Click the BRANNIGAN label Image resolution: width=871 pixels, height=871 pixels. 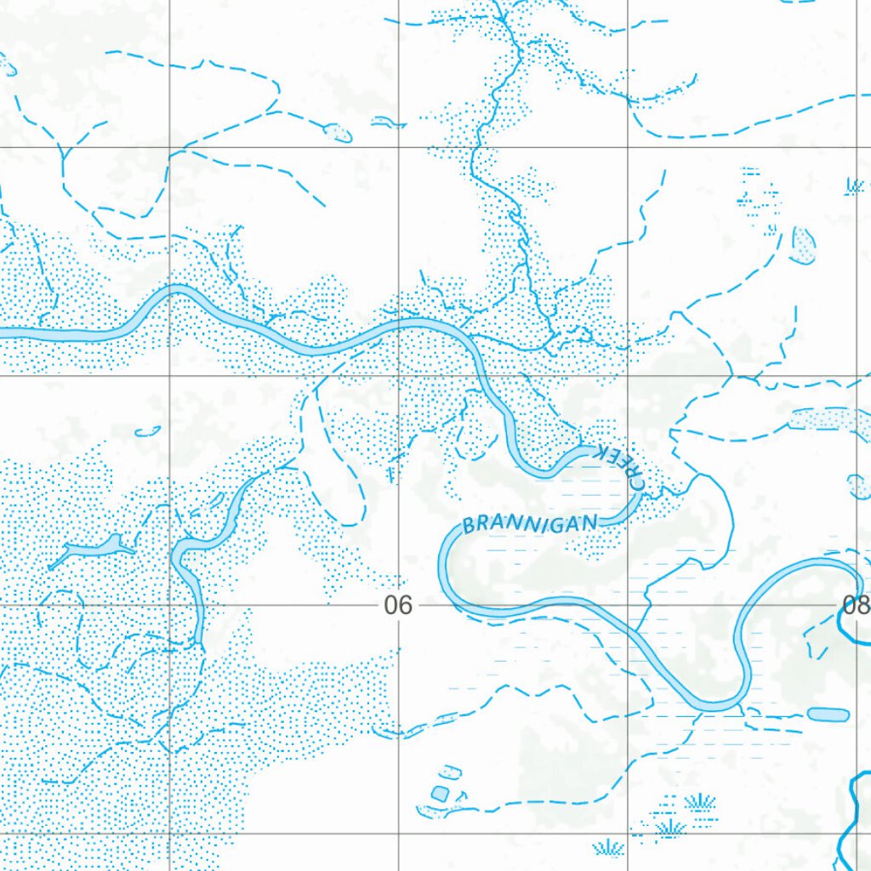tap(531, 522)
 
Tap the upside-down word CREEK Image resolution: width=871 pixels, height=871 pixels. tap(622, 466)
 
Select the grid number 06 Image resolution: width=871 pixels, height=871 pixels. tap(397, 606)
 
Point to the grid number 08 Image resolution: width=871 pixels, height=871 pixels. tap(855, 606)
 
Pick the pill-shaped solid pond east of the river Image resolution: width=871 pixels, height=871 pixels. tap(828, 714)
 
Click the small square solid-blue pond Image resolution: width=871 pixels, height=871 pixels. tap(440, 793)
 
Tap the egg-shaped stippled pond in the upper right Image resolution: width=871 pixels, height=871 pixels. tap(803, 245)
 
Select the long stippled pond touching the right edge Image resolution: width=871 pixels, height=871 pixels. tap(829, 418)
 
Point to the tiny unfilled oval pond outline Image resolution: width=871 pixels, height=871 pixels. tap(148, 430)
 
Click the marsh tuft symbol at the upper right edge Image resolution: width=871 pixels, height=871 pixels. tap(855, 185)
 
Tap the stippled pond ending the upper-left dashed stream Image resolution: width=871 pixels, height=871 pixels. tap(339, 133)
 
